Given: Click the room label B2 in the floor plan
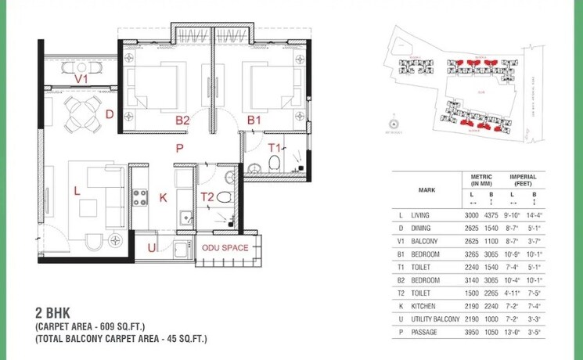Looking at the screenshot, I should click(x=182, y=121).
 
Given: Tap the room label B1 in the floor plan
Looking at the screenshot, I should click(x=254, y=121).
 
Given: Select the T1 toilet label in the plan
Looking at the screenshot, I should click(x=275, y=147).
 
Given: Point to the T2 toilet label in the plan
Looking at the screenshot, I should click(x=207, y=197).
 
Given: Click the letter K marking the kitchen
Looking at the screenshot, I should click(x=164, y=198).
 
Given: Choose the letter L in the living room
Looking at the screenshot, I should click(x=77, y=190).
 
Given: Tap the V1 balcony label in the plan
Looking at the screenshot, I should click(x=81, y=79).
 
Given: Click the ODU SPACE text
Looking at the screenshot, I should click(x=225, y=248).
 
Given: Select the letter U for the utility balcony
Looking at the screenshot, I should click(x=151, y=248).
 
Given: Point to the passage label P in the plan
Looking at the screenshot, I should click(x=179, y=147).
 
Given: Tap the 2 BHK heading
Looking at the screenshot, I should click(x=52, y=310).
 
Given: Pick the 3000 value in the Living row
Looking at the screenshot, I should click(x=472, y=214).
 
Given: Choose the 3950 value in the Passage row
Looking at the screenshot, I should click(x=472, y=333).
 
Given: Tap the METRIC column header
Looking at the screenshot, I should click(x=481, y=178).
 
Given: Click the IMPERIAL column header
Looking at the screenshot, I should click(x=524, y=178).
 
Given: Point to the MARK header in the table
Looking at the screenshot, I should click(x=427, y=189).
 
